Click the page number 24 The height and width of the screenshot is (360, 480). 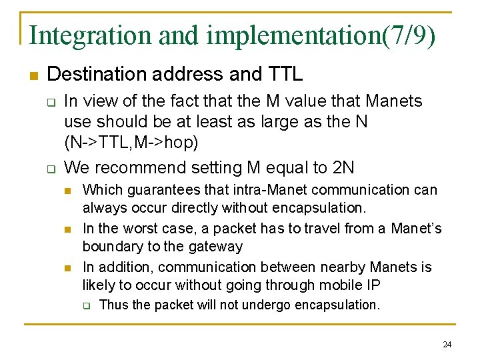pos(447,345)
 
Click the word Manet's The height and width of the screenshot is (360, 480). pos(417,229)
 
